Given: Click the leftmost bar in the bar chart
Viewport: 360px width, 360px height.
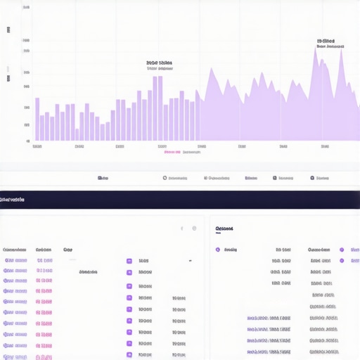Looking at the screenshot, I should tap(37, 119).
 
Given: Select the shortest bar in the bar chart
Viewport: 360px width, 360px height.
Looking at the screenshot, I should tap(102, 132).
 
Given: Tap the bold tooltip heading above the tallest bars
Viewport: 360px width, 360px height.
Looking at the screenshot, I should tap(160, 63).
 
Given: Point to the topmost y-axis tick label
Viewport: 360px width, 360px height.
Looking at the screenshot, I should tap(26, 7).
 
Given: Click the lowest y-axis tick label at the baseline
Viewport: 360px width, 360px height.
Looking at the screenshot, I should tap(27, 141).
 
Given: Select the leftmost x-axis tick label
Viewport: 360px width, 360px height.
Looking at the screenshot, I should tap(37, 147).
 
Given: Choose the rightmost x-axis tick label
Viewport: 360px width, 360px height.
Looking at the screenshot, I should tap(325, 147).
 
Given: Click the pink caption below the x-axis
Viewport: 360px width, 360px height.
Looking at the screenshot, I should tap(173, 152).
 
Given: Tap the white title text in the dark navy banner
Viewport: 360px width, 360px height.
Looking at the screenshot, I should tap(12, 200).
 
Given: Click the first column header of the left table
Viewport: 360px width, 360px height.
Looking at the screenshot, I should tap(15, 249).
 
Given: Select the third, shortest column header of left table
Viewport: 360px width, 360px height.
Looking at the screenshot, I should tap(67, 249).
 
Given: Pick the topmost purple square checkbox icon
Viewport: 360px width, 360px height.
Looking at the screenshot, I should tap(129, 261).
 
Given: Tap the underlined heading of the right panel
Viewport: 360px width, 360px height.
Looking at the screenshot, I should tap(224, 229).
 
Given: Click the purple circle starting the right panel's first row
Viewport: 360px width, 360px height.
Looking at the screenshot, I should tap(217, 250).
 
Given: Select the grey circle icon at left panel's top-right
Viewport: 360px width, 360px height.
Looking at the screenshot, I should tap(194, 229).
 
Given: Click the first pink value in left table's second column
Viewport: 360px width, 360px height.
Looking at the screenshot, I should tap(44, 260).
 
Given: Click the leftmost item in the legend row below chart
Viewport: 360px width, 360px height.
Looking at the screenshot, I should tap(103, 178).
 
